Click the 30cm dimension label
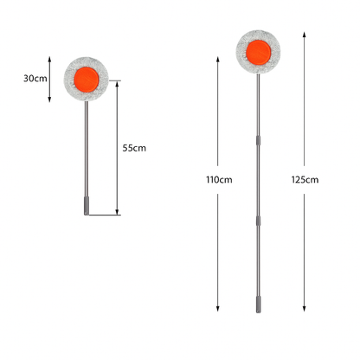click(x=35, y=79)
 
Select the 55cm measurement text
click(x=134, y=148)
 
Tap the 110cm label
click(x=219, y=180)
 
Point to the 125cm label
click(x=305, y=180)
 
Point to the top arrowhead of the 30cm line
click(x=50, y=58)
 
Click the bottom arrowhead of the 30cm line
click(x=50, y=100)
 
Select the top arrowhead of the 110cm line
click(x=218, y=56)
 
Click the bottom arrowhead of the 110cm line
click(x=218, y=310)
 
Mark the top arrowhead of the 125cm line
click(x=305, y=32)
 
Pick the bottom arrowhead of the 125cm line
click(x=305, y=310)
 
